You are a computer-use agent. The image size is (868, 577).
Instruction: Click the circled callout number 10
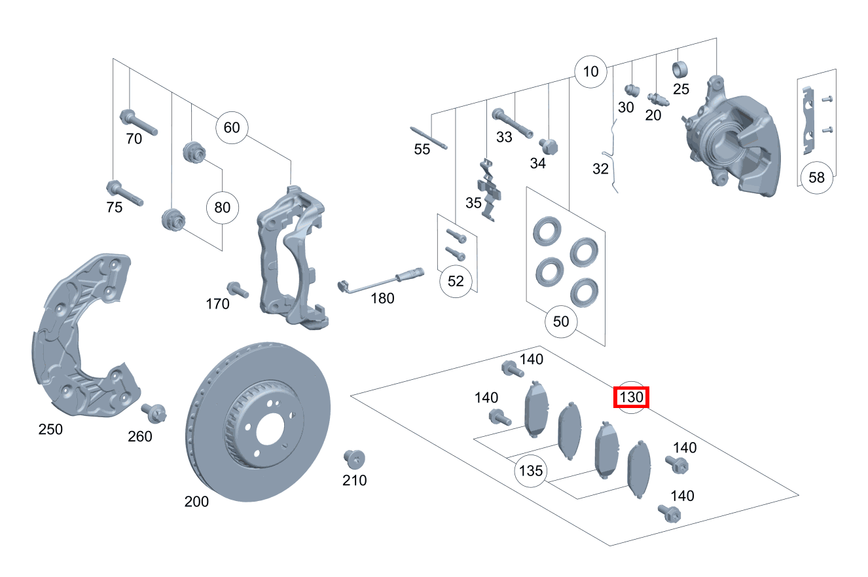tap(590, 71)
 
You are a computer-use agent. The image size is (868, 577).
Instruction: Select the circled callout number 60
tap(232, 127)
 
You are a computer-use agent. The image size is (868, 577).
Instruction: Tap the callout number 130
tap(631, 397)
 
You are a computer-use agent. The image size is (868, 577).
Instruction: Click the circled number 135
tap(530, 471)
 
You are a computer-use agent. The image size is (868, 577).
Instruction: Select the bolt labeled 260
tap(155, 413)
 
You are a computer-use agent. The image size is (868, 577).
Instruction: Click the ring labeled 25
tap(680, 69)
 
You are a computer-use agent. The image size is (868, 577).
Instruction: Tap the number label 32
tap(600, 169)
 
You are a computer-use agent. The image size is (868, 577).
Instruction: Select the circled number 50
tap(561, 322)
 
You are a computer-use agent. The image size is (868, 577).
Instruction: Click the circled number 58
tap(816, 177)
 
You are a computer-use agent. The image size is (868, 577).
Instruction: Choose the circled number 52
tap(456, 281)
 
